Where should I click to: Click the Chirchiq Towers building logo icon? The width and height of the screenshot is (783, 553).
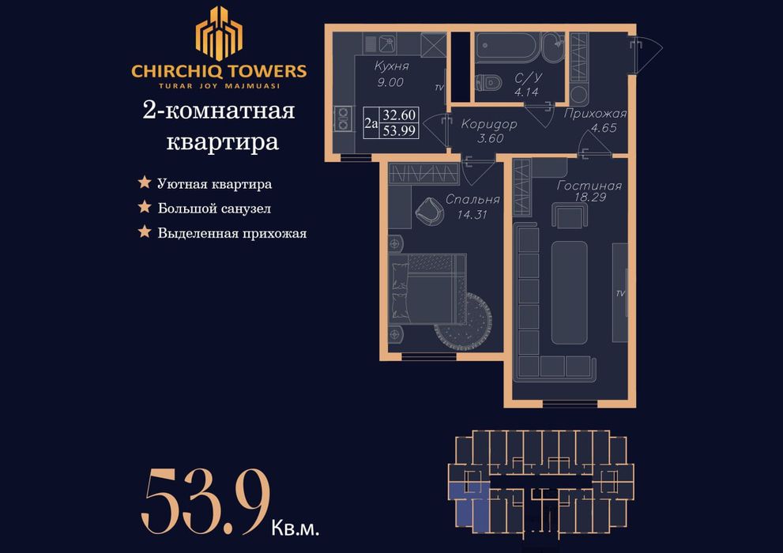pyautogui.click(x=219, y=33)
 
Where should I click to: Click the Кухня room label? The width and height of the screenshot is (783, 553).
pyautogui.click(x=391, y=67)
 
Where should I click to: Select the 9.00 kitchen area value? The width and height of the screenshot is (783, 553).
pyautogui.click(x=390, y=81)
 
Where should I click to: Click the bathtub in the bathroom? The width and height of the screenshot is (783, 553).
pyautogui.click(x=510, y=47)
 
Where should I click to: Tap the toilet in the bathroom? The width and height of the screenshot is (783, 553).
pyautogui.click(x=491, y=81)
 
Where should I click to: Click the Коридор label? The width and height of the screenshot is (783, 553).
pyautogui.click(x=489, y=124)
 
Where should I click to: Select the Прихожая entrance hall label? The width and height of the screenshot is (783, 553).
pyautogui.click(x=596, y=113)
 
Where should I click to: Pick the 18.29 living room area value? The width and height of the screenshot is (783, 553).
pyautogui.click(x=589, y=197)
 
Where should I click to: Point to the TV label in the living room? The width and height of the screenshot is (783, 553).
pyautogui.click(x=620, y=293)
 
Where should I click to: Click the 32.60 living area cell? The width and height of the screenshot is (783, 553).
pyautogui.click(x=399, y=115)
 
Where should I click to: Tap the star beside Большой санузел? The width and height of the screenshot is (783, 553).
pyautogui.click(x=145, y=208)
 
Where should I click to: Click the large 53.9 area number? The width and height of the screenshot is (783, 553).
pyautogui.click(x=206, y=501)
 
